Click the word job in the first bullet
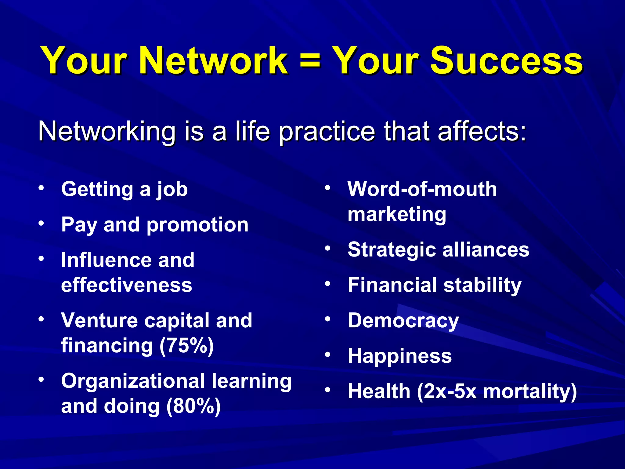[x=172, y=190]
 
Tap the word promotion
[x=197, y=225]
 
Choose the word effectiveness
[x=127, y=285]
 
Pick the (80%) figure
[x=193, y=406]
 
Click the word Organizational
[x=133, y=382]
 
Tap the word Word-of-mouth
[x=422, y=189]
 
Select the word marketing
[x=397, y=215]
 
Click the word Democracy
[x=403, y=321]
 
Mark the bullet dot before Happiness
[x=328, y=354]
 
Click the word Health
[x=379, y=391]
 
